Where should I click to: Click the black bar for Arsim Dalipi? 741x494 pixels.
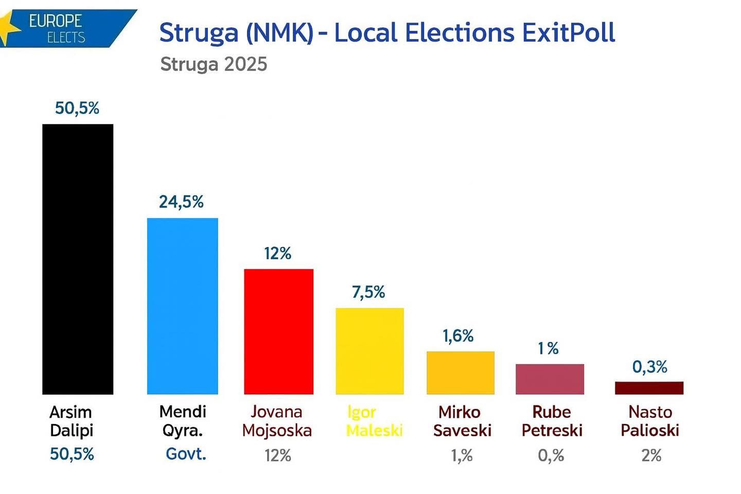[78, 259]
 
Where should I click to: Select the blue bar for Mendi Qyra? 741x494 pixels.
[183, 306]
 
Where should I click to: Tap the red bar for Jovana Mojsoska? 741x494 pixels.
[278, 331]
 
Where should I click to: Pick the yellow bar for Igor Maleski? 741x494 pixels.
[369, 351]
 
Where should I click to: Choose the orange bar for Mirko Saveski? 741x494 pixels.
[461, 373]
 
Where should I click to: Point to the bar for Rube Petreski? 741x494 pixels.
[550, 379]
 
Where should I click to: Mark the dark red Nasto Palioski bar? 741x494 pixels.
[649, 388]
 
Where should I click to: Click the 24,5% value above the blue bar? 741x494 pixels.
[181, 202]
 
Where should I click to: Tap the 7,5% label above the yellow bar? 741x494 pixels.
[368, 292]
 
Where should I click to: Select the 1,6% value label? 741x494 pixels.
[458, 336]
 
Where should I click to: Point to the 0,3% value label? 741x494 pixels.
[649, 367]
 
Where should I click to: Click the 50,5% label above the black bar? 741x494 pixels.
[77, 108]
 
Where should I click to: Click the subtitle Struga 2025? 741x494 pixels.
[214, 64]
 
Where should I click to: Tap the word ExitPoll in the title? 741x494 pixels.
[568, 33]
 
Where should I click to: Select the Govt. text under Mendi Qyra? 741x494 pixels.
[186, 454]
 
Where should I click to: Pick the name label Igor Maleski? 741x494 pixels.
[374, 421]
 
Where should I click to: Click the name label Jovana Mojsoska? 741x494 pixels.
[277, 421]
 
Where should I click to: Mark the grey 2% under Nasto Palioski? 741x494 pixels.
[651, 455]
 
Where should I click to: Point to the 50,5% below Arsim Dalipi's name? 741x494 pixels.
[72, 454]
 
